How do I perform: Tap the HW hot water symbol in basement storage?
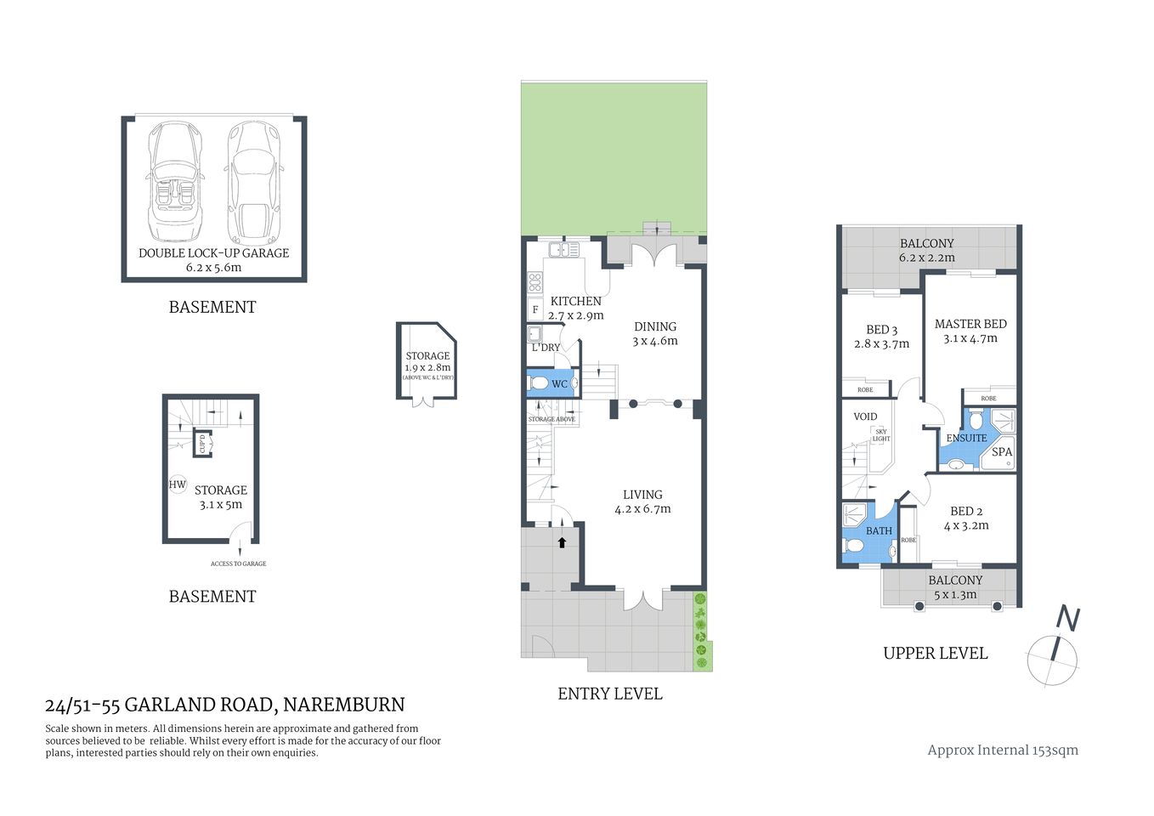tap(178, 484)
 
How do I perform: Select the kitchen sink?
tap(563, 250)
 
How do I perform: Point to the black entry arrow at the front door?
tap(562, 541)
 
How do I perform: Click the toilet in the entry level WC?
tap(540, 384)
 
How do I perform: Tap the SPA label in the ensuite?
tap(1002, 452)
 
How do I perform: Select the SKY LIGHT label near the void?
tap(881, 435)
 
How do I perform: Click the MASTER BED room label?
tap(970, 324)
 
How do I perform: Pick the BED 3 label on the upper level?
tap(882, 330)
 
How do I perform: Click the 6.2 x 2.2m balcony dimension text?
tap(927, 258)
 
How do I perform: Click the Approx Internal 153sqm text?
tap(1003, 750)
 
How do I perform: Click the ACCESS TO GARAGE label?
tap(239, 564)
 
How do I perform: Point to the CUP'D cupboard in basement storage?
tap(202, 443)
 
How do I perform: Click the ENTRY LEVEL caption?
tap(609, 694)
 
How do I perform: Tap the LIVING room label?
tap(642, 495)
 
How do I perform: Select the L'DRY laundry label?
tap(546, 348)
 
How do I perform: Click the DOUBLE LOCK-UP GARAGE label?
tap(213, 252)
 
